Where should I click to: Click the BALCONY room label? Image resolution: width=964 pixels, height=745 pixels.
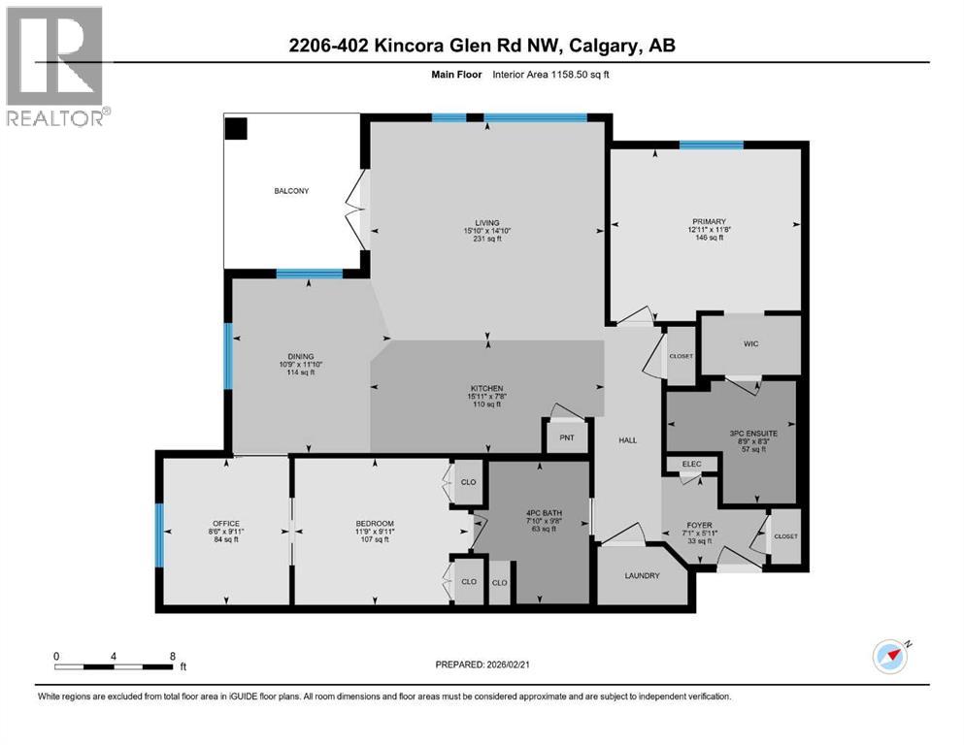(x=290, y=191)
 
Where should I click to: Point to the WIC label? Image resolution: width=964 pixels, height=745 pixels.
(x=751, y=344)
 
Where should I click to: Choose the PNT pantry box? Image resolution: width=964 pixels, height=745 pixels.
(x=566, y=437)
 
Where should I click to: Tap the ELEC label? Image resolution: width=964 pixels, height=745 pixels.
(x=691, y=465)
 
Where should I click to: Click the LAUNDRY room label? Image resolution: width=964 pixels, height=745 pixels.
(x=642, y=575)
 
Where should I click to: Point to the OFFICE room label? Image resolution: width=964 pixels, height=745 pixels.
(x=225, y=524)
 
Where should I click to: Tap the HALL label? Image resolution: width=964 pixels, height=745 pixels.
(x=627, y=440)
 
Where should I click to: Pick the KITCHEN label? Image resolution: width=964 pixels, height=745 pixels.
(x=486, y=386)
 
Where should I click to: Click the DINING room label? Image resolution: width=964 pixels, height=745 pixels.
(x=300, y=356)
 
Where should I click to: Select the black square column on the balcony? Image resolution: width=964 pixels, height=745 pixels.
(x=237, y=128)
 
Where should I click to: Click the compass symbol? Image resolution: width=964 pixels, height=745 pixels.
(x=890, y=657)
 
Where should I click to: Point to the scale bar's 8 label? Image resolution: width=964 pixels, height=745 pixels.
(x=172, y=656)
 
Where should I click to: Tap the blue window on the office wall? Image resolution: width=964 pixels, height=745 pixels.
(x=159, y=534)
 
